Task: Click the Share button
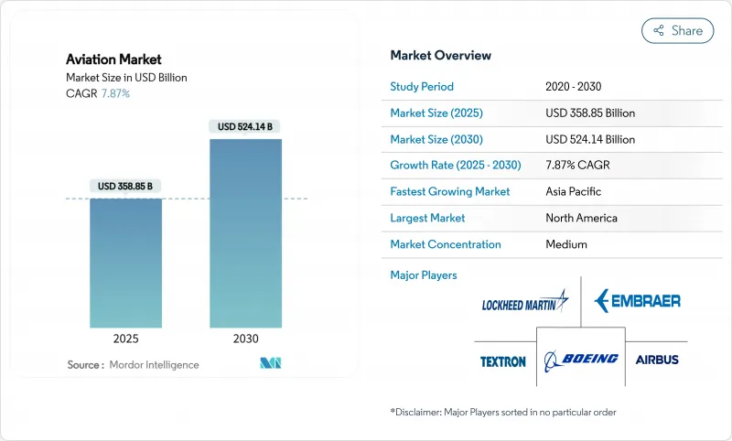(677, 30)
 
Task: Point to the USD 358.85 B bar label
(125, 187)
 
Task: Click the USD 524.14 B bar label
(245, 126)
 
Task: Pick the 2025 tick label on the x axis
(125, 339)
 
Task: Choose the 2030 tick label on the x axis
(245, 339)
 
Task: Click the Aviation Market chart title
(113, 59)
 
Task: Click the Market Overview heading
(441, 56)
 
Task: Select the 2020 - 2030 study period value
(580, 87)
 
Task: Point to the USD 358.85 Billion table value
(590, 113)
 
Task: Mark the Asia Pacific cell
(575, 192)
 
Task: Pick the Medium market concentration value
(566, 244)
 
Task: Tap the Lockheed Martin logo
(524, 301)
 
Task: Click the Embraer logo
(637, 300)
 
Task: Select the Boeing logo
(580, 360)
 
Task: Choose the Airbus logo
(657, 360)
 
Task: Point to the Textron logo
(503, 361)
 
